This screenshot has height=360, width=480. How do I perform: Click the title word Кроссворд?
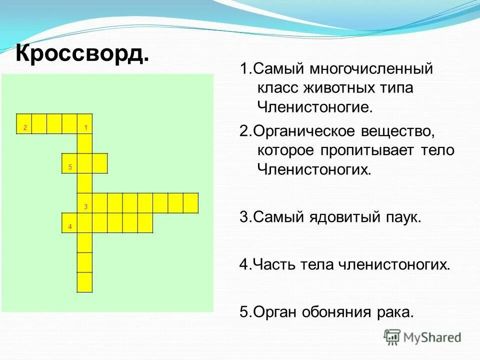82,53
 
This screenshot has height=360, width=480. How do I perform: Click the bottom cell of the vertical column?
84,282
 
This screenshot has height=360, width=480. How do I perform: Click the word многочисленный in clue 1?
370,68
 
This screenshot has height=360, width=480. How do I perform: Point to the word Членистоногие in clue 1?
315,106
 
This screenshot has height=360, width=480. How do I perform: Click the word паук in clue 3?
402,218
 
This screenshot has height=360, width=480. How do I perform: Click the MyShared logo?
422,337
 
